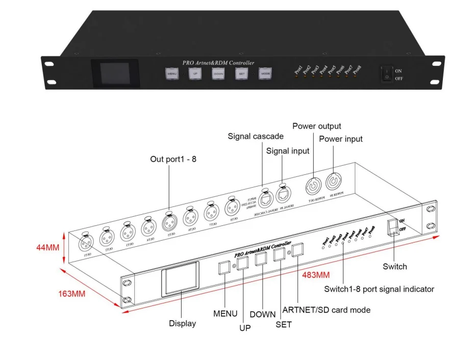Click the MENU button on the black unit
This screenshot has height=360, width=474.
pos(171,74)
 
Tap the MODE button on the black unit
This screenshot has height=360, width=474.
pos(265,74)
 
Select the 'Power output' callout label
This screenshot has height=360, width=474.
pos(316,126)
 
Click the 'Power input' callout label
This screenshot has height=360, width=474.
pos(340,139)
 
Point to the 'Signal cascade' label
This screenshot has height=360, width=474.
pos(256,136)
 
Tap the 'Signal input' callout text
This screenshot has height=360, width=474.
pos(288,151)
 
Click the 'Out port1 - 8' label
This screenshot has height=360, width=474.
pos(173,159)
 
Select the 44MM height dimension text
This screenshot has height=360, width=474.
pos(47,247)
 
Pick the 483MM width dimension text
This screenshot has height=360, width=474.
pos(316,275)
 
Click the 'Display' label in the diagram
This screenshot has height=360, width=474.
pos(182,323)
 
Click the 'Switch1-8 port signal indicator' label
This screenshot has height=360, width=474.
pos(379,289)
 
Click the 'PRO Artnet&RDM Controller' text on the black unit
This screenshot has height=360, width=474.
pos(218,63)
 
